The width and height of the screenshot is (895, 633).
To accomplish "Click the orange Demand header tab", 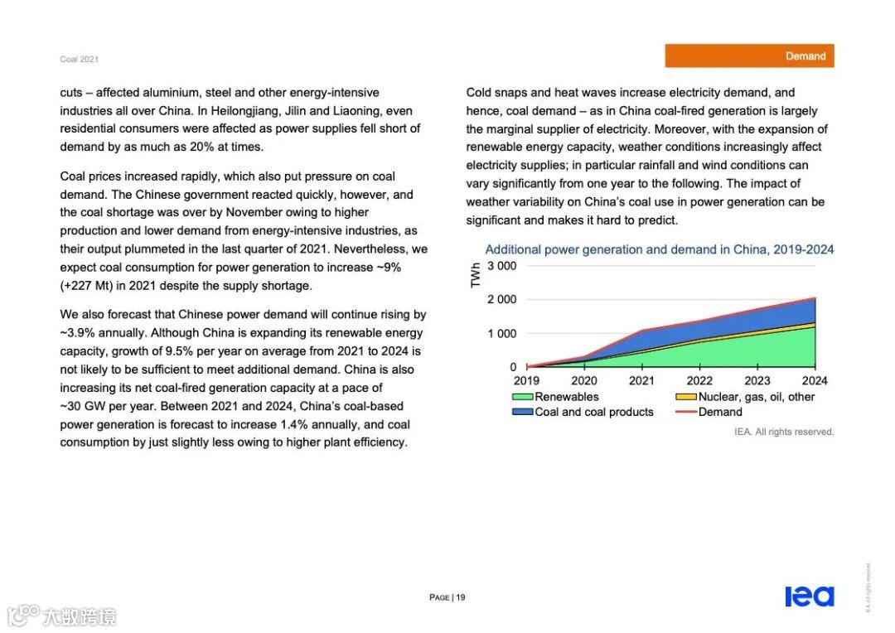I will pos(749,56).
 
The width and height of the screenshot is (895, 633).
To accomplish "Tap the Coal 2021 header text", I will pos(79,60).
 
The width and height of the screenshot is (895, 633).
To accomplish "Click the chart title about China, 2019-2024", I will pos(659,249).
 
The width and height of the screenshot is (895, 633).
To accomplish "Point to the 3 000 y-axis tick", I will pos(502,266).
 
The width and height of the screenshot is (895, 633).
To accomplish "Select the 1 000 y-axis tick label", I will pos(502,334).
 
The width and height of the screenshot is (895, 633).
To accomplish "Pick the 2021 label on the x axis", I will pos(641,381).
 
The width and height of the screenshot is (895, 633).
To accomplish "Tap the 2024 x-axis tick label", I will pos(815,381).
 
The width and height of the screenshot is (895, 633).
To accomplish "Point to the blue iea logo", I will pos(810,596).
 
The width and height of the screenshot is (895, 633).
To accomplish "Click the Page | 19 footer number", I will pos(447,597).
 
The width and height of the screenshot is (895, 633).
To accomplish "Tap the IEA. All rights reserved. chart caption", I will pos(784,432).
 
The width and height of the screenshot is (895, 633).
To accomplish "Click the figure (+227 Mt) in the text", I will pos(94,286).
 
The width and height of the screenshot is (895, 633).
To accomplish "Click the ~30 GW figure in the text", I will pos(84,406).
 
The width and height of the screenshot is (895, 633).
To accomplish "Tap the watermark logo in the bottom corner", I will pos(61,616).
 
